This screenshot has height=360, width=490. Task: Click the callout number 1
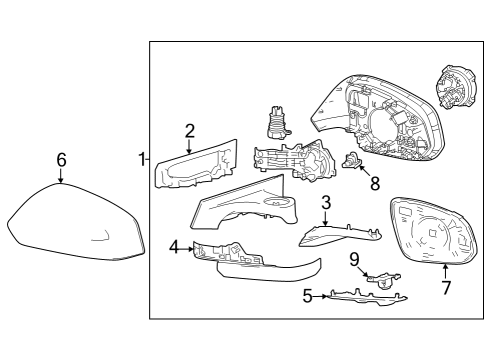point(142,158)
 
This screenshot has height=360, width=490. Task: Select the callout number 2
point(189,130)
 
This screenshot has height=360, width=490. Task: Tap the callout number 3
point(325,203)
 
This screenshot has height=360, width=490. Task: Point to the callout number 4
point(174,246)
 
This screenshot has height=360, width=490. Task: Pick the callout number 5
point(309,296)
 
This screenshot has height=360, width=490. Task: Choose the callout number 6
point(61,160)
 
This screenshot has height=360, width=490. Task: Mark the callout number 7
point(446,288)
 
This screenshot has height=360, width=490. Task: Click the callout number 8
point(375,183)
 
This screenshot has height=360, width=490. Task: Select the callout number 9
point(354,259)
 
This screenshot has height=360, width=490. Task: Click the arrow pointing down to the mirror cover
point(61,178)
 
